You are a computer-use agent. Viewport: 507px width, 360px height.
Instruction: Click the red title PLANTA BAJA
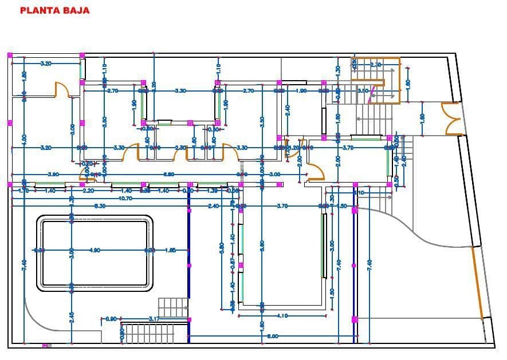click(x=55, y=10)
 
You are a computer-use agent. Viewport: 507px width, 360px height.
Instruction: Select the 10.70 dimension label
click(x=125, y=199)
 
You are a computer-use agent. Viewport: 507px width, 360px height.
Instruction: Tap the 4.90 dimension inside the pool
click(x=95, y=250)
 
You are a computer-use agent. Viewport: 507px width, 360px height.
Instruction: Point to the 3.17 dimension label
click(x=154, y=319)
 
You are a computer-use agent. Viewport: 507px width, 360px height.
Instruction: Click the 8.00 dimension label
click(x=272, y=336)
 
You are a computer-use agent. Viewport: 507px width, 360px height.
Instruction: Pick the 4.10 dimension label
click(x=282, y=315)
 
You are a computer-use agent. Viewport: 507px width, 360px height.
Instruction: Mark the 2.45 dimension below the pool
click(x=72, y=317)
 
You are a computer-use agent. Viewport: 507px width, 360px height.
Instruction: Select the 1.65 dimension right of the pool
click(x=170, y=250)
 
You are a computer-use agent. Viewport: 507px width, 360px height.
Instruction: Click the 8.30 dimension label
click(x=100, y=206)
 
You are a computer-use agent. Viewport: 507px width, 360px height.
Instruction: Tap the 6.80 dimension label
click(x=169, y=174)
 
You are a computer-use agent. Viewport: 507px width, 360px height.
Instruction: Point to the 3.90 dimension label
click(x=53, y=174)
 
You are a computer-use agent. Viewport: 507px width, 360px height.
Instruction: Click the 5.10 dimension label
click(x=359, y=193)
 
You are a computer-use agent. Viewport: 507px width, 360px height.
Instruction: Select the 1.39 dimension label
click(x=212, y=191)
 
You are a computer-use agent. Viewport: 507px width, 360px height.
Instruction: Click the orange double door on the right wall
click(x=451, y=118)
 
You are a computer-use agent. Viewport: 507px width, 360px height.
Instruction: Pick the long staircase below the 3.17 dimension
click(x=149, y=334)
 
